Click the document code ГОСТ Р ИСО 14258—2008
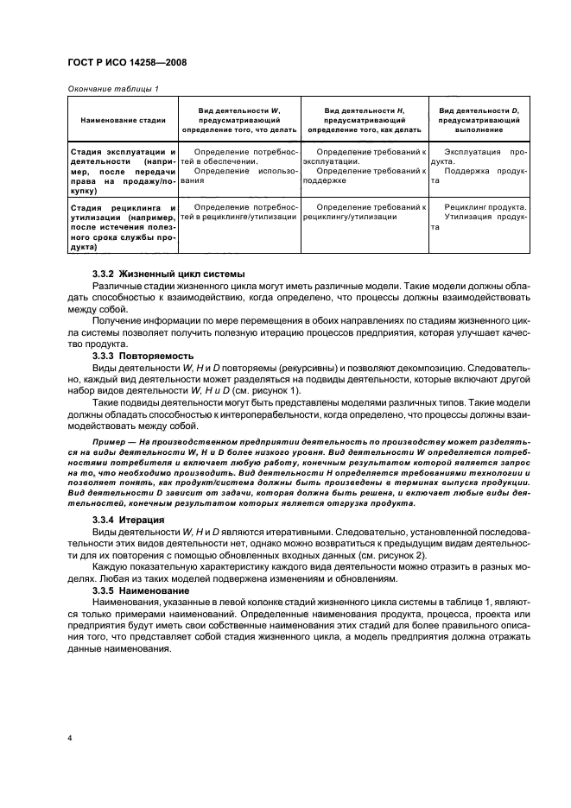tap(129, 63)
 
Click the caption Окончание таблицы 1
tap(112, 88)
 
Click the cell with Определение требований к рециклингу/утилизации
tap(364, 213)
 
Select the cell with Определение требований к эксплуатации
tap(364, 156)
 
